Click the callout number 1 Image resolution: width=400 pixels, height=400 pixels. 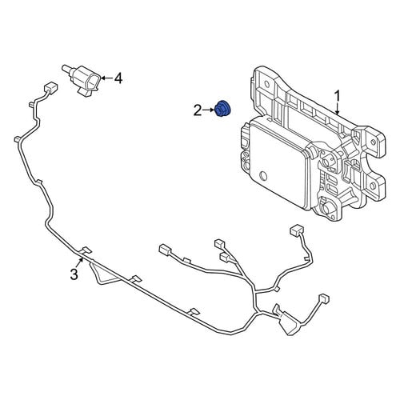338,96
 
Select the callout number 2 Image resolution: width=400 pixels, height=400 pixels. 198,110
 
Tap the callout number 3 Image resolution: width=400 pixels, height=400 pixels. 74,274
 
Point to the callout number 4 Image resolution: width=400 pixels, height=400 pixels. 118,78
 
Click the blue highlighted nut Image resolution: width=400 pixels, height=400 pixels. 223,109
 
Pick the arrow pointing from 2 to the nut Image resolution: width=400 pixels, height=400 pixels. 209,110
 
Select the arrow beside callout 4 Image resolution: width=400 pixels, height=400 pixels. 106,78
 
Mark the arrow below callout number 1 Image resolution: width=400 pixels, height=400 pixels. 338,110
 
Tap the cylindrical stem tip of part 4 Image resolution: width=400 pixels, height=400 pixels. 64,67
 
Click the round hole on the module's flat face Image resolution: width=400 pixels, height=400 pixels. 263,176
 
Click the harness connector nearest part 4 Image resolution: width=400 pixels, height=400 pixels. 50,87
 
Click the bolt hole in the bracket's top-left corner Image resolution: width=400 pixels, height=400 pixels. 267,84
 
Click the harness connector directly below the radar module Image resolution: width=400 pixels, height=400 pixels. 296,230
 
